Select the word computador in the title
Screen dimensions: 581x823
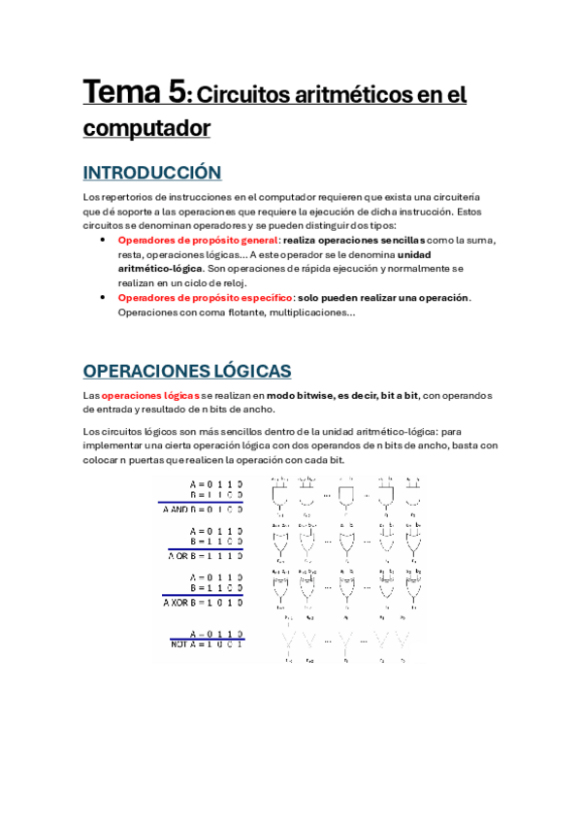(x=146, y=127)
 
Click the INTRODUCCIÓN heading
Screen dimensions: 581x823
(x=152, y=173)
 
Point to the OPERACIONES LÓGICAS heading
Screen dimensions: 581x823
(x=187, y=371)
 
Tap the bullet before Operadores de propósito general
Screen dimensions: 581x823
(x=105, y=239)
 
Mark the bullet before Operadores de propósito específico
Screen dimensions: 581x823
(x=105, y=297)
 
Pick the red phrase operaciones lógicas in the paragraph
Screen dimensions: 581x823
(x=151, y=395)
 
